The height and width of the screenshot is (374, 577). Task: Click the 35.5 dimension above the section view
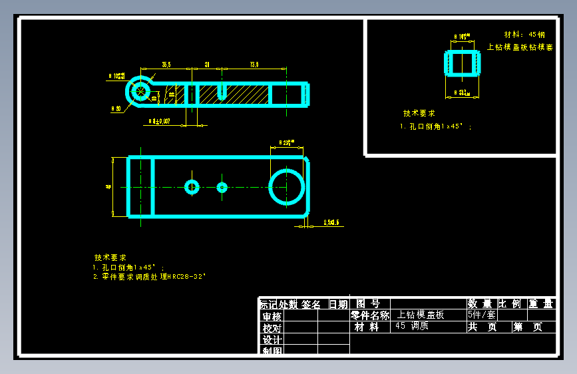(166, 65)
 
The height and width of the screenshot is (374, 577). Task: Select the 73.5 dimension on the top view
(254, 65)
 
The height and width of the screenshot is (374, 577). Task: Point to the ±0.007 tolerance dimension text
(160, 121)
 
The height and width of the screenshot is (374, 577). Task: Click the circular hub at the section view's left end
(140, 91)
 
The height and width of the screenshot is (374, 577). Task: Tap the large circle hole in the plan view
(286, 187)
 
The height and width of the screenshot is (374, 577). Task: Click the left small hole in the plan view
(192, 187)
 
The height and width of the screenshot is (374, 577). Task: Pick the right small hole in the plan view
(222, 187)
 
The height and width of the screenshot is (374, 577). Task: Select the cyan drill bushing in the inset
(462, 63)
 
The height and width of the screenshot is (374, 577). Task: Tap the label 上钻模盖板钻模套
(520, 47)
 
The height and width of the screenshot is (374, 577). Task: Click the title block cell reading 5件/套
(481, 315)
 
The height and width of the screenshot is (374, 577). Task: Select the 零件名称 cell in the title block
(370, 315)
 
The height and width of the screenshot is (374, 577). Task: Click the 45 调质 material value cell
(411, 326)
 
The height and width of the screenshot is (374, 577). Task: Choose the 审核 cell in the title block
(272, 316)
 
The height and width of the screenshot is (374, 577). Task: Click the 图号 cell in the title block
(369, 304)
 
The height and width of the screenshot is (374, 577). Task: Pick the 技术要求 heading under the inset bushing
(419, 114)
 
